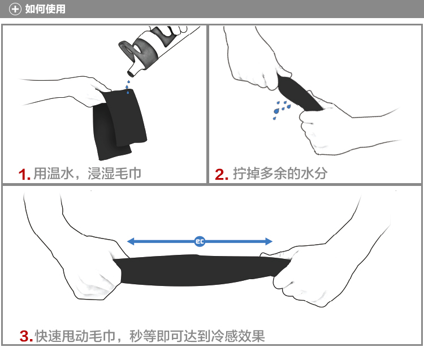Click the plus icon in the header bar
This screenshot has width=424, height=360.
pos(15,9)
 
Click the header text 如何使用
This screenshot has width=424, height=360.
pos(45,9)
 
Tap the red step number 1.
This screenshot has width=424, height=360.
pos(24,174)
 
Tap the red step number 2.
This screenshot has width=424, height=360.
pos(222,174)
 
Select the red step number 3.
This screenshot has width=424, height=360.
pos(26,336)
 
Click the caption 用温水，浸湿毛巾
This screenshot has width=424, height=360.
pos(87,174)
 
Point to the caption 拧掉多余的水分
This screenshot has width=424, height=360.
pos(280,174)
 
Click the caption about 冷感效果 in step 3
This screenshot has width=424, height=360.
pos(150,336)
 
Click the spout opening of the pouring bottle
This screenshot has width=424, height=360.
pos(131,72)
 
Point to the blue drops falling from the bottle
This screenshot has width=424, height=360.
pos(128,87)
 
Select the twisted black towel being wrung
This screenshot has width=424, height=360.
pos(298,93)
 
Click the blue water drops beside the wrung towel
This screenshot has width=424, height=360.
pos(281,110)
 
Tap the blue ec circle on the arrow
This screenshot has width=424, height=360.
pos(200,241)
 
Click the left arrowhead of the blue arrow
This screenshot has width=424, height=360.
pos(131,241)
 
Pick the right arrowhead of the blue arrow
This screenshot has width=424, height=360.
pos(269,241)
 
